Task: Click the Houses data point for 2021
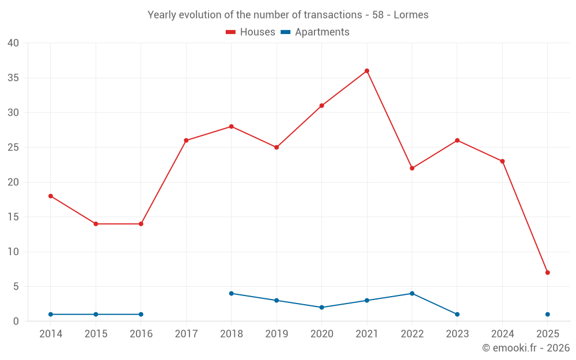(x=367, y=71)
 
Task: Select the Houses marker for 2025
(x=548, y=272)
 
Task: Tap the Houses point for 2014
(x=51, y=196)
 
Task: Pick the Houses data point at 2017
(x=186, y=141)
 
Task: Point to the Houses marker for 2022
(x=412, y=168)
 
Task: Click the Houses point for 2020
(x=321, y=105)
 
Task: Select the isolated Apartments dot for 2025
(x=548, y=314)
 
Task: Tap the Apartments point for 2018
(x=232, y=293)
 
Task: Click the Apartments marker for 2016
(x=141, y=314)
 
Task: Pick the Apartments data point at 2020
(x=321, y=308)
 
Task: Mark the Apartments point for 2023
(x=457, y=314)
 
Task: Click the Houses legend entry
(x=251, y=32)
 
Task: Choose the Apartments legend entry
(x=315, y=32)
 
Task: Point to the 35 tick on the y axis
(x=13, y=78)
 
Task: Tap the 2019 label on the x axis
(x=276, y=334)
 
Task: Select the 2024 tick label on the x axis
(x=502, y=334)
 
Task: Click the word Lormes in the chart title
(x=411, y=15)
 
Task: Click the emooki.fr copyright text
(x=526, y=348)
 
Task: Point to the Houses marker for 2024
(x=502, y=161)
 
